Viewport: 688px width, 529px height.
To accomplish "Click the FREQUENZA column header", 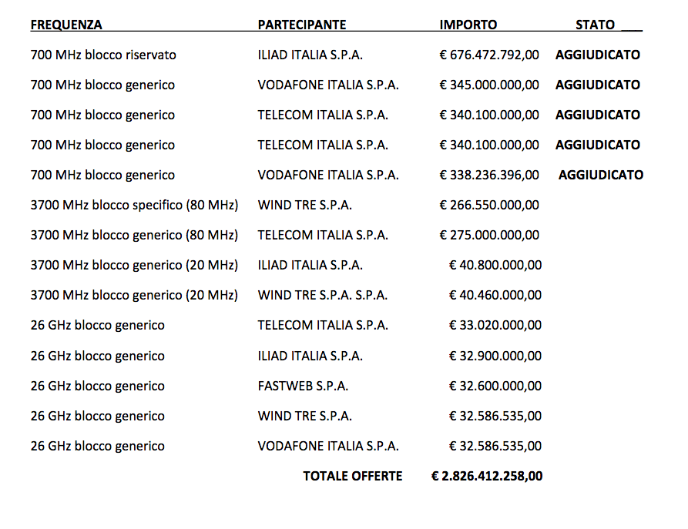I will [x=66, y=25].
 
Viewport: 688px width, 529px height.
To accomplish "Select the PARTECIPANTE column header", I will [x=302, y=25].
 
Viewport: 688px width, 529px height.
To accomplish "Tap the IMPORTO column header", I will [x=468, y=25].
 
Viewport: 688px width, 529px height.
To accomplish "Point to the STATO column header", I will [x=595, y=25].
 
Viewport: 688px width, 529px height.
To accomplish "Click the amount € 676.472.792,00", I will [x=489, y=55].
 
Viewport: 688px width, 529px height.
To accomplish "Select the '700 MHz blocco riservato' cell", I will [x=103, y=55].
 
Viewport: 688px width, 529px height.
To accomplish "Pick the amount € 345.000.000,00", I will [x=489, y=85].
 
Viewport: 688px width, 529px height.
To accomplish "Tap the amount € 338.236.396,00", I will [x=489, y=175].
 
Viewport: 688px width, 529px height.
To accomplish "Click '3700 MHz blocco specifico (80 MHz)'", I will [x=134, y=205].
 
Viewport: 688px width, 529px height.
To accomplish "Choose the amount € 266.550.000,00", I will [x=489, y=205].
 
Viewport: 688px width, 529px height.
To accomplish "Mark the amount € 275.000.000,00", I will [x=489, y=235].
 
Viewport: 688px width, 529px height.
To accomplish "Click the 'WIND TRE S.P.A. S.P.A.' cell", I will [x=323, y=295].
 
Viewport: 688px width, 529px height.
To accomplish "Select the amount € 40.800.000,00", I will [x=495, y=265].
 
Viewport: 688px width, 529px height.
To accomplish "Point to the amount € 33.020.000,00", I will [x=495, y=325].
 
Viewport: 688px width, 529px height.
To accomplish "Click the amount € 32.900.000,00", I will [x=495, y=356].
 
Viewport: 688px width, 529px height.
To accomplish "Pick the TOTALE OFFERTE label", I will [x=353, y=476].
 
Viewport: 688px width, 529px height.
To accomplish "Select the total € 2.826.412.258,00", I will [x=487, y=476].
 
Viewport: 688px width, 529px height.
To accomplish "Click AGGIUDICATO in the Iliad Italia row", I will [x=598, y=55].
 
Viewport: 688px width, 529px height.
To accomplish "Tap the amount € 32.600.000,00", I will [x=495, y=386].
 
